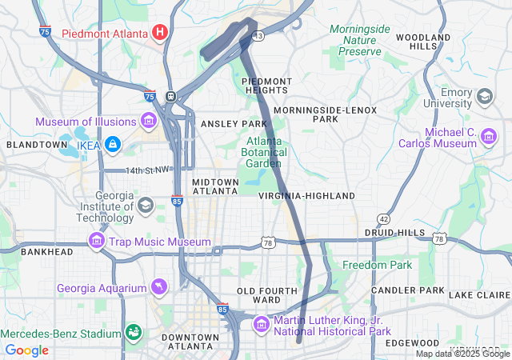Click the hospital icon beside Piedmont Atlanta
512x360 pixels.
(160, 33)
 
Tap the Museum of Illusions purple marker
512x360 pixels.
(149, 121)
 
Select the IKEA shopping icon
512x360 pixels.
(113, 144)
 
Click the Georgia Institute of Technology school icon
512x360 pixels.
(146, 206)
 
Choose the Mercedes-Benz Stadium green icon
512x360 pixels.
(133, 332)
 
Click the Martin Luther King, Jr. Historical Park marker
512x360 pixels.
(262, 325)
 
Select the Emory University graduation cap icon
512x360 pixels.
(485, 97)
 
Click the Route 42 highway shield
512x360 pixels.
(384, 218)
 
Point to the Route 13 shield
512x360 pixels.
(258, 36)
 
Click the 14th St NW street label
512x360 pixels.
(148, 170)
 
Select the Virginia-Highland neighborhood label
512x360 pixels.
(306, 196)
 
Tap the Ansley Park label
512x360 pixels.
(233, 124)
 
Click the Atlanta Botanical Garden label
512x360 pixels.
(263, 152)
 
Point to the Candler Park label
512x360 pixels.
(408, 289)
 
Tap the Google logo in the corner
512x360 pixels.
(27, 350)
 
